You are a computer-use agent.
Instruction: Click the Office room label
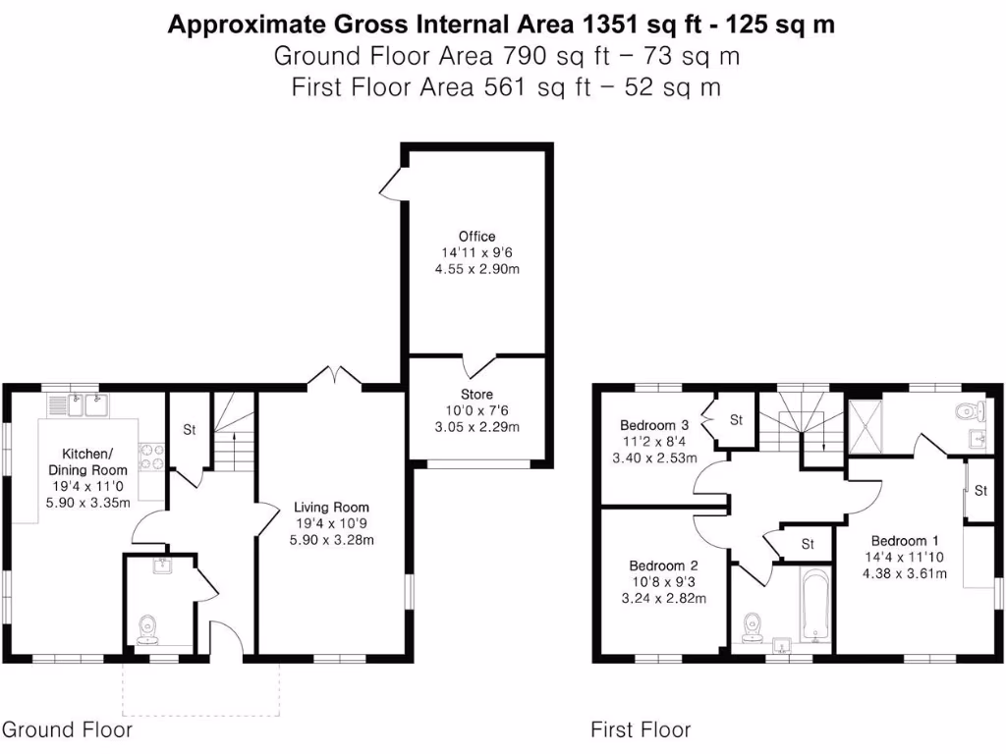[x=476, y=237]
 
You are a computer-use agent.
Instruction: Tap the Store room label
[x=476, y=395]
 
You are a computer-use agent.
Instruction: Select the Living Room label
[x=333, y=508]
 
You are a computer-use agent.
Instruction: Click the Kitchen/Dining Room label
[x=87, y=461]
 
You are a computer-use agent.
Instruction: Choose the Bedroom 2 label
[x=663, y=566]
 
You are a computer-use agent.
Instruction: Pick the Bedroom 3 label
[x=653, y=425]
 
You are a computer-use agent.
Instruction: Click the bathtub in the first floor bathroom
[x=816, y=604]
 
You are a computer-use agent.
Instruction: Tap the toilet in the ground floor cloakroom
[x=148, y=627]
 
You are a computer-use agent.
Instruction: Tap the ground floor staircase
[x=234, y=437]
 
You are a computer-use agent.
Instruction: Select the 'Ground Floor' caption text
[x=67, y=729]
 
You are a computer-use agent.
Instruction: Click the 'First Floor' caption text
[x=641, y=729]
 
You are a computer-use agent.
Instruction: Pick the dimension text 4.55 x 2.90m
[x=476, y=269]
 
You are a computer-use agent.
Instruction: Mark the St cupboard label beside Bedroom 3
[x=736, y=420]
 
